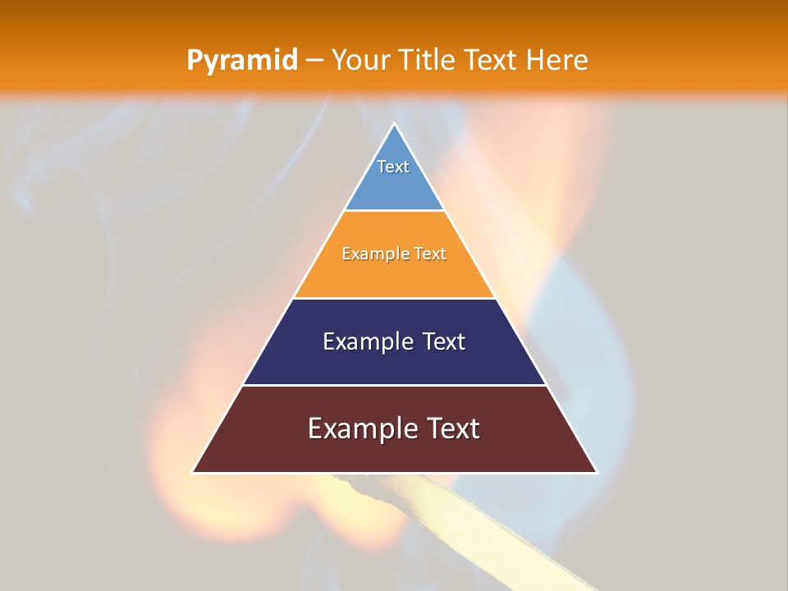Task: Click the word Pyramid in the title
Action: pyautogui.click(x=242, y=61)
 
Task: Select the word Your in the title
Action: pyautogui.click(x=359, y=61)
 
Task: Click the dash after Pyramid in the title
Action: pyautogui.click(x=314, y=61)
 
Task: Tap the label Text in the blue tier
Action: pyautogui.click(x=393, y=167)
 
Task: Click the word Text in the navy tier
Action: pyautogui.click(x=442, y=341)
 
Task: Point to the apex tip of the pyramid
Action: pyautogui.click(x=395, y=124)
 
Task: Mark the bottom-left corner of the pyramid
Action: pyautogui.click(x=194, y=472)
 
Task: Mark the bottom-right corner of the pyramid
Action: pyautogui.click(x=596, y=472)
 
